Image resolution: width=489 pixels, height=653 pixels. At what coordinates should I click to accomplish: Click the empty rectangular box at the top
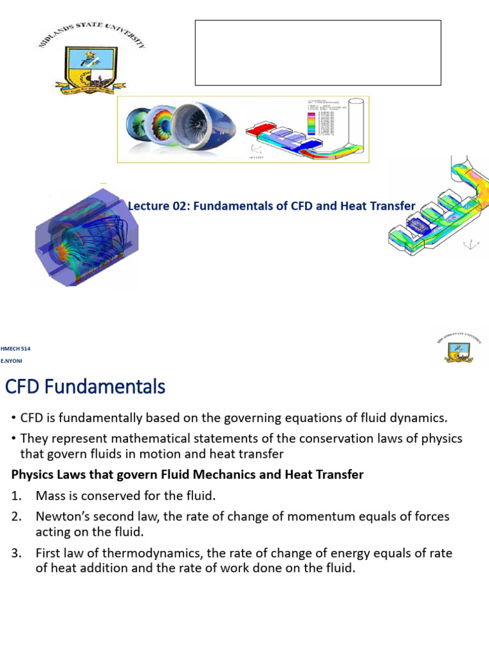pos(318,52)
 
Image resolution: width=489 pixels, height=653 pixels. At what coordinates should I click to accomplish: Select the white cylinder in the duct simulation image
pos(357,121)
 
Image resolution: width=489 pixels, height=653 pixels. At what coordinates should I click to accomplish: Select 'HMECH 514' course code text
pos(17,349)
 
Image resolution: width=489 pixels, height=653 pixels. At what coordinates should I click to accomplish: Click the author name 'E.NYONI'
pos(13,361)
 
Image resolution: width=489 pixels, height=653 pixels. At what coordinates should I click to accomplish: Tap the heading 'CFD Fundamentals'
pos(85,386)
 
